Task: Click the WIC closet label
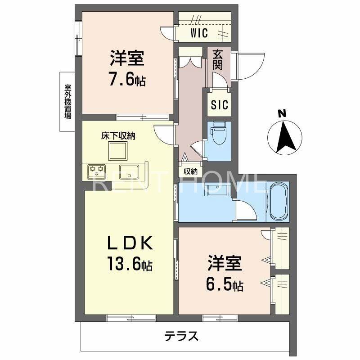pyautogui.click(x=198, y=33)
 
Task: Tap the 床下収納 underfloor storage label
pyautogui.click(x=118, y=135)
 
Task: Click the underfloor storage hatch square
pyautogui.click(x=119, y=151)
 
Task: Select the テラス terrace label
pyautogui.click(x=181, y=336)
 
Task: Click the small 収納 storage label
pyautogui.click(x=190, y=171)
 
